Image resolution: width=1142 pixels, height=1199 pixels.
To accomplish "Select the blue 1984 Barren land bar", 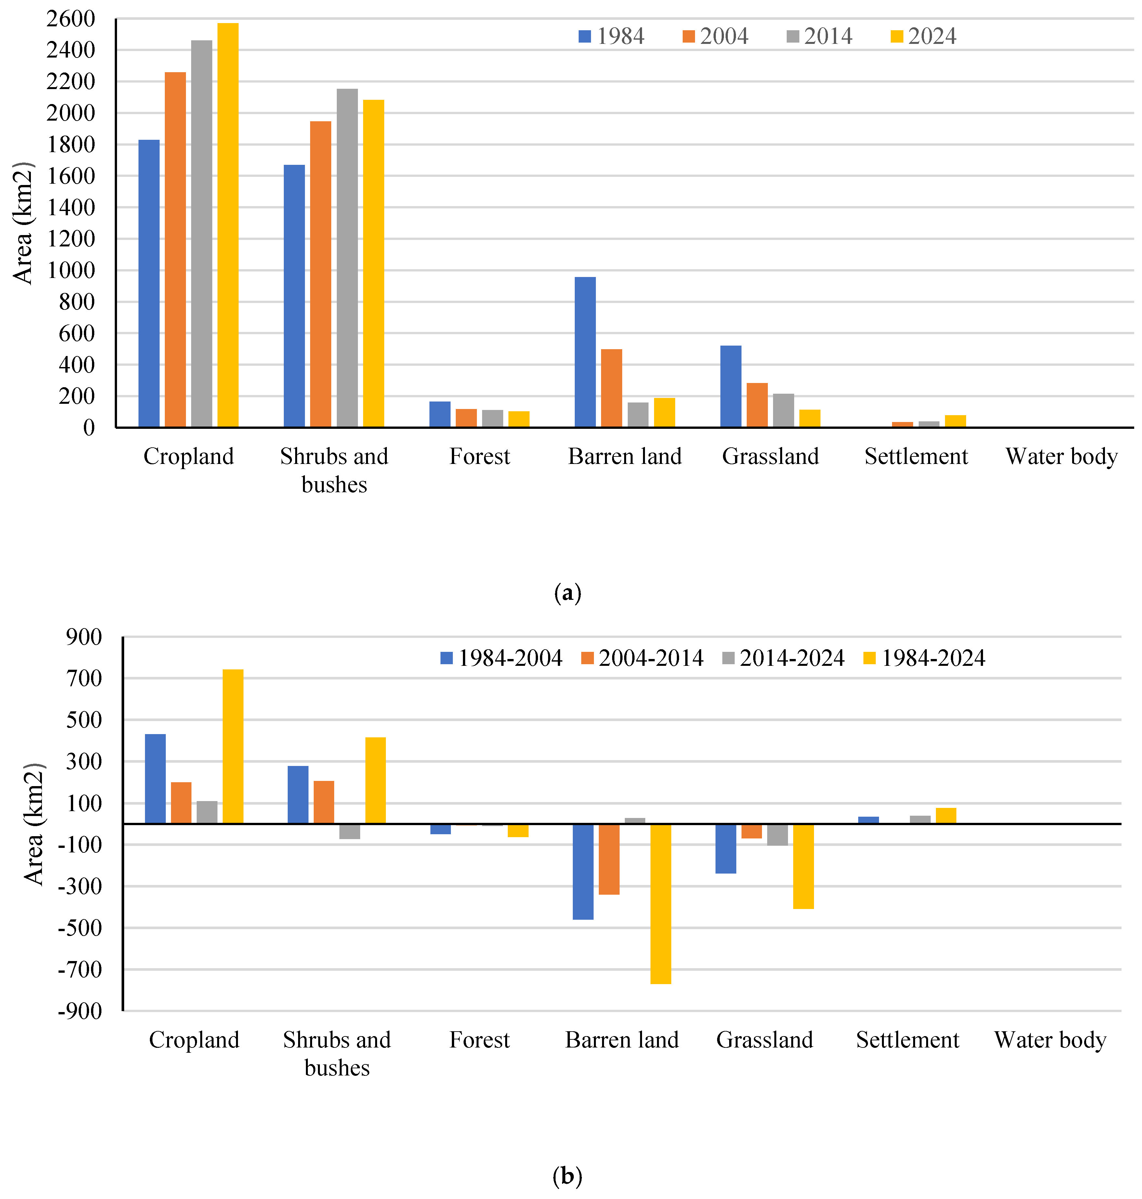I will click(x=585, y=352).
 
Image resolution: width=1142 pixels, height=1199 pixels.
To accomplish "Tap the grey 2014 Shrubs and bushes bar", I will click(x=347, y=257).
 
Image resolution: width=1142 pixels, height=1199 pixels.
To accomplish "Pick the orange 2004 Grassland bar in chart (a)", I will click(x=757, y=405).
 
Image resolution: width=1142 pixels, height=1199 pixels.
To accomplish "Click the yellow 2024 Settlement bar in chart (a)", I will click(x=955, y=421).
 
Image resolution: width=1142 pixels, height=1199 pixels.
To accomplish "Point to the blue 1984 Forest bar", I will click(x=440, y=414).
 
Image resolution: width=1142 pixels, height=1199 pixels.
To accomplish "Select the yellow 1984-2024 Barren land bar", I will click(x=661, y=904).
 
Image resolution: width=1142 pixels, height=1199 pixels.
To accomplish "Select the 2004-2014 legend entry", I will click(x=642, y=658).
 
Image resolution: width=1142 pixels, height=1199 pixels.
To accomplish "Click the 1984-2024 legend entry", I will click(x=924, y=658).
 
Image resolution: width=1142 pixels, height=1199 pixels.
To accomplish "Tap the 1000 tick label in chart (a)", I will click(x=71, y=270).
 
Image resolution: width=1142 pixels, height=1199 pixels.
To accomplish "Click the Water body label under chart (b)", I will click(x=1050, y=1040).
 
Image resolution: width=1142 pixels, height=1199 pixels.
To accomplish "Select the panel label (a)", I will click(x=567, y=592).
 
